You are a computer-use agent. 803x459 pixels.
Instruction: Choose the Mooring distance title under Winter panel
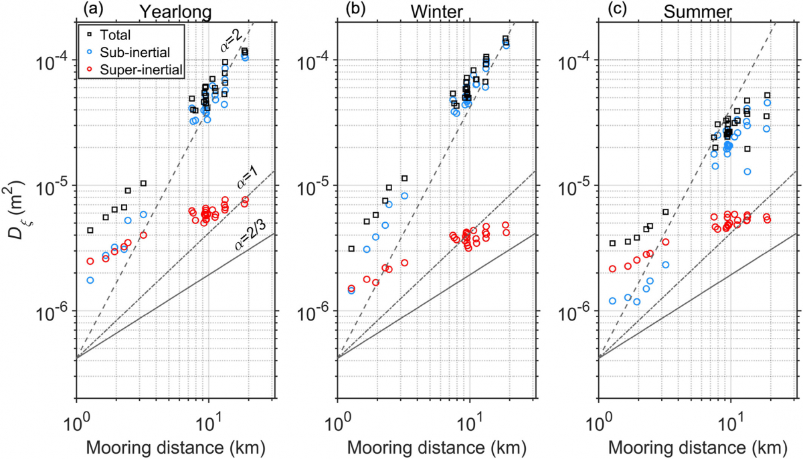438,447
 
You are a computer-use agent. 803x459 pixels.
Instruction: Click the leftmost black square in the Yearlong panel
90,230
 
